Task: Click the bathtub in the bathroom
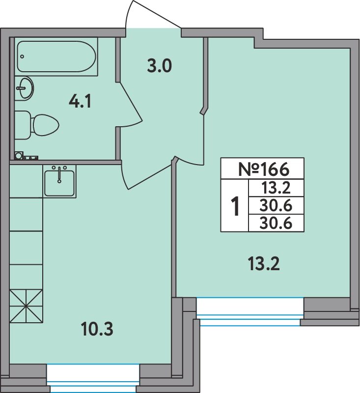pos(56,56)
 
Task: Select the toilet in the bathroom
pos(37,125)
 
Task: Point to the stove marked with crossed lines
pos(27,306)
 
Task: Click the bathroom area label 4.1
pos(80,102)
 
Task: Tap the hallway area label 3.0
pos(159,67)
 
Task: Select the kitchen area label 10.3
pos(97,329)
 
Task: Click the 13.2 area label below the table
pos(264,264)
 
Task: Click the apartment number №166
pos(264,169)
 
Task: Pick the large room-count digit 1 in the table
pos(235,206)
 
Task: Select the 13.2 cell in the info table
pos(276,188)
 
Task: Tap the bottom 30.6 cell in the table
pos(276,224)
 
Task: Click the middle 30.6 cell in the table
pos(276,206)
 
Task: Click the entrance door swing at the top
pos(153,15)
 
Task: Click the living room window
pos(250,311)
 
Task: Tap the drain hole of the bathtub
pos(22,56)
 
